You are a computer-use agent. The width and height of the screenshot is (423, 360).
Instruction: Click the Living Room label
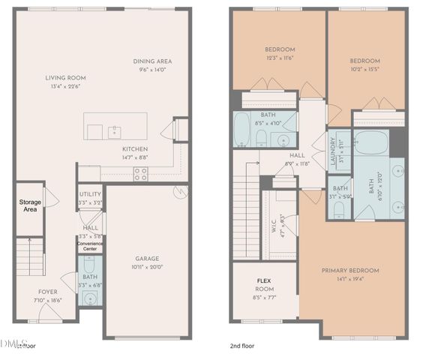(x=65, y=77)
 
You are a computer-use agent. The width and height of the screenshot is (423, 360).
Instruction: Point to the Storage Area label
(x=30, y=205)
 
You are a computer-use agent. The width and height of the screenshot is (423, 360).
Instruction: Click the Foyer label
(x=47, y=292)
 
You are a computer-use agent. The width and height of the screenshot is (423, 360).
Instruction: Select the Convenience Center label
(x=90, y=245)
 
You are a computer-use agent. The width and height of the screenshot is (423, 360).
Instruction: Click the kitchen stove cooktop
(x=140, y=174)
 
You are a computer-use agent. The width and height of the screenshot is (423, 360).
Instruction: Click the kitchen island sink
(x=115, y=132)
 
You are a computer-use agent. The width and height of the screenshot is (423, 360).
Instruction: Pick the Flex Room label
(x=265, y=286)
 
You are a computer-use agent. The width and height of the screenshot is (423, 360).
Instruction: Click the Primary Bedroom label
(x=350, y=270)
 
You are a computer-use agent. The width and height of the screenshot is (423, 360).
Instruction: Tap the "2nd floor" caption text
(x=242, y=346)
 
